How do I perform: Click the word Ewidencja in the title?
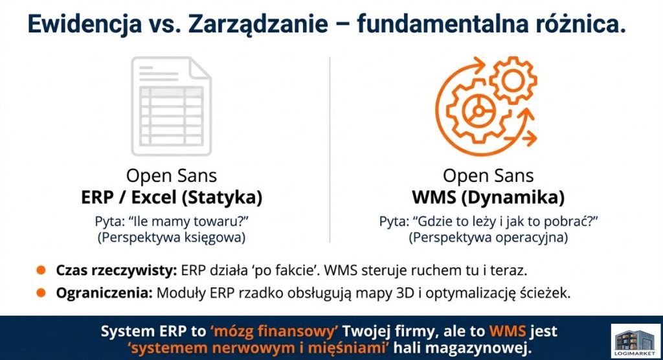85,24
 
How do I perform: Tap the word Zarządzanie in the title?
258,25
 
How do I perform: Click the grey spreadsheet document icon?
171,106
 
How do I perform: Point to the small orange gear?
513,80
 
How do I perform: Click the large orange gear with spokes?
478,111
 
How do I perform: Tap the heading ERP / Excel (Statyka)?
172,197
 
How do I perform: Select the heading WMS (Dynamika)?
488,197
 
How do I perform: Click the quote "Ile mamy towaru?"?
188,221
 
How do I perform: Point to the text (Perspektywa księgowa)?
172,237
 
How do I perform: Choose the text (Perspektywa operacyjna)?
488,237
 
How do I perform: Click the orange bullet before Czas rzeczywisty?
41,270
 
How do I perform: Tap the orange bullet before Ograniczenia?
41,292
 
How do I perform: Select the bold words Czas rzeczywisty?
117,270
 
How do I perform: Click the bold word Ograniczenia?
104,293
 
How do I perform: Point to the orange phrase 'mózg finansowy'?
274,332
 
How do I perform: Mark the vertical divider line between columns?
330,150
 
